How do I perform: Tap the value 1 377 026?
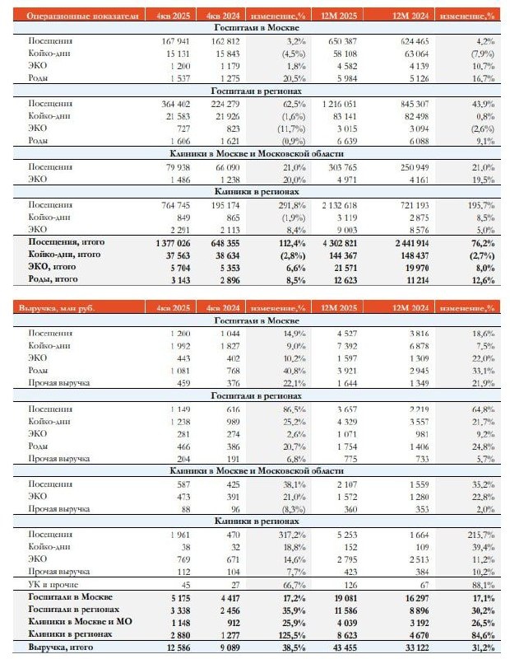coord(169,244)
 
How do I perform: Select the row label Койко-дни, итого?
coord(67,256)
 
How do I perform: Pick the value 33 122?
coord(415,647)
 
